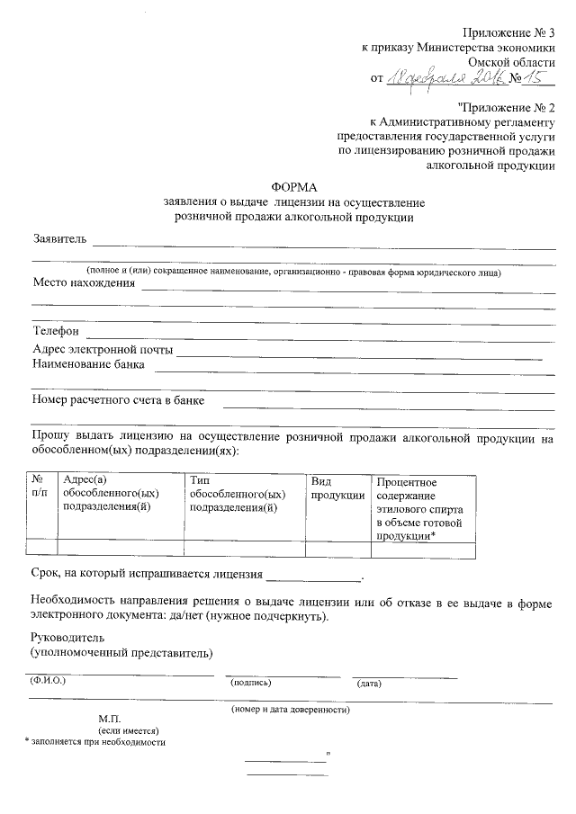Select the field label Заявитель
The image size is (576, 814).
point(59,239)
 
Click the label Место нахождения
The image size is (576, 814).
point(84,283)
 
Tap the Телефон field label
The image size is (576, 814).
point(56,332)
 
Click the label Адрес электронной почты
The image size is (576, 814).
point(103,349)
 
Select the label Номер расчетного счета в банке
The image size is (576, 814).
point(118,398)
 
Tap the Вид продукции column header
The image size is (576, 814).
point(337,488)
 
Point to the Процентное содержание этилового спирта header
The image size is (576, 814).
point(418,508)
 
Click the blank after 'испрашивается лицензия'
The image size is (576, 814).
point(312,574)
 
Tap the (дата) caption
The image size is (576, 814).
point(369,684)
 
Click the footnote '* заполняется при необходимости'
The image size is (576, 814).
point(94,742)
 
